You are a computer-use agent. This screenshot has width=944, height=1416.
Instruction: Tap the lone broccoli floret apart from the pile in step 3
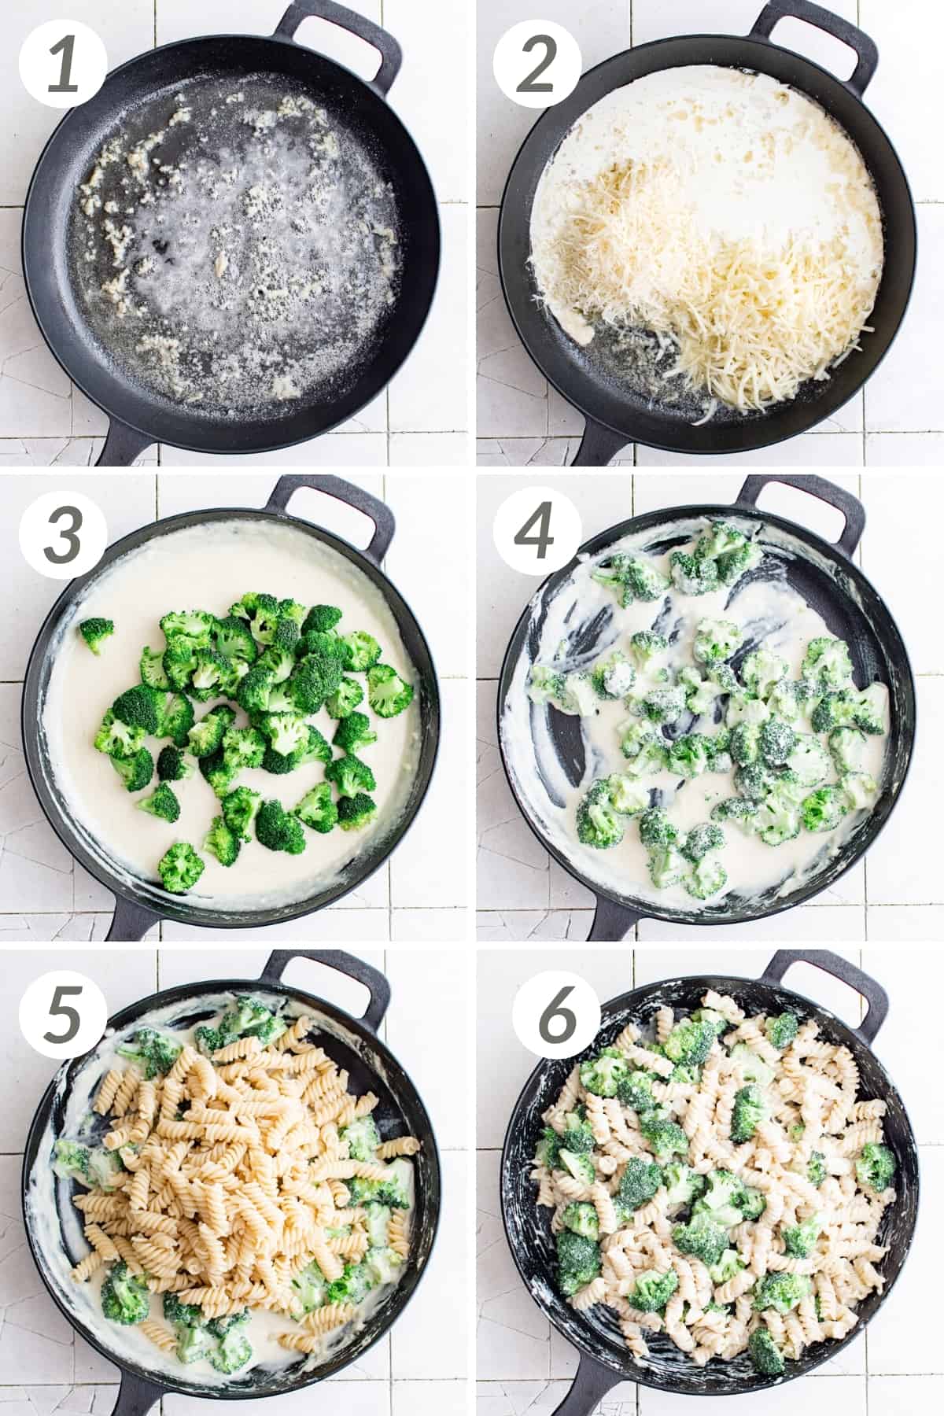[96, 634]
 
